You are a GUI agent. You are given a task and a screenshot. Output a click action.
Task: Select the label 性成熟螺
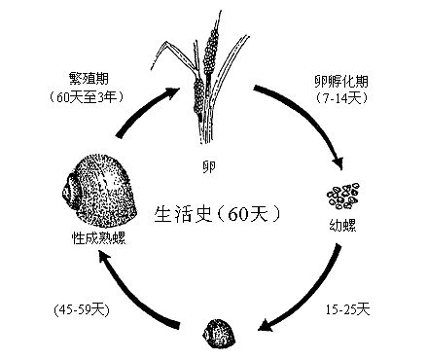95,236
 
